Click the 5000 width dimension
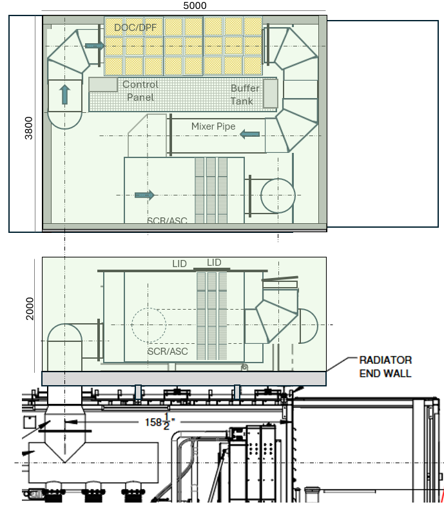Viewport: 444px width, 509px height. (195, 6)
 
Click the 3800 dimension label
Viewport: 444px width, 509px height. (28, 128)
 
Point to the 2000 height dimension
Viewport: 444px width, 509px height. (30, 308)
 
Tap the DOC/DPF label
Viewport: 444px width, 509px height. (135, 28)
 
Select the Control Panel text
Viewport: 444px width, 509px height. (140, 90)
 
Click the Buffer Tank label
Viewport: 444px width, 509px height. (245, 94)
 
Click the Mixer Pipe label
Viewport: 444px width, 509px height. (213, 126)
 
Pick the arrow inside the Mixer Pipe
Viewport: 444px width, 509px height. (250, 134)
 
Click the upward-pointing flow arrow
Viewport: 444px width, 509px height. (65, 94)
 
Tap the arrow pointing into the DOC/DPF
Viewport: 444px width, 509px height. (94, 46)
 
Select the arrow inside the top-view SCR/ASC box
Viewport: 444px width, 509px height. (144, 195)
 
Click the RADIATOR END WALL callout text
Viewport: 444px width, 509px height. (385, 367)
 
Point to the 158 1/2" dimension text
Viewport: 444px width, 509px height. (160, 422)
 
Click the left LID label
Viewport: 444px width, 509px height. (179, 264)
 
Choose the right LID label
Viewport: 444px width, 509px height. (214, 263)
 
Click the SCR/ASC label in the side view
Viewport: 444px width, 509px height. (168, 351)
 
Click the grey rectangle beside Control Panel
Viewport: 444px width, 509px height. (103, 85)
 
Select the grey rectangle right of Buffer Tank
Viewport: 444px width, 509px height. (271, 94)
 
